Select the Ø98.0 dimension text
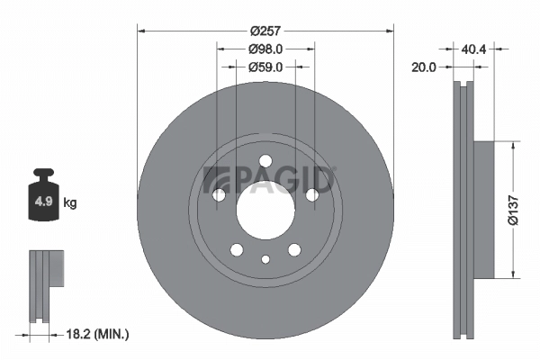tap(265, 49)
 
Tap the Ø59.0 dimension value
tap(265, 67)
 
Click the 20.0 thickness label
tap(424, 67)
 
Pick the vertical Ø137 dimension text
tap(512, 208)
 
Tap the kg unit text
tap(70, 203)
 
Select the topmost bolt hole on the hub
tap(265, 162)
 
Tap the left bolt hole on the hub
tap(218, 195)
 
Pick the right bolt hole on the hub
tap(312, 195)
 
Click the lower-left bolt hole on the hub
tap(236, 250)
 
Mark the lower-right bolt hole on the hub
tap(294, 250)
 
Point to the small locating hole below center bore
tap(265, 259)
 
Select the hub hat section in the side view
tap(483, 208)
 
